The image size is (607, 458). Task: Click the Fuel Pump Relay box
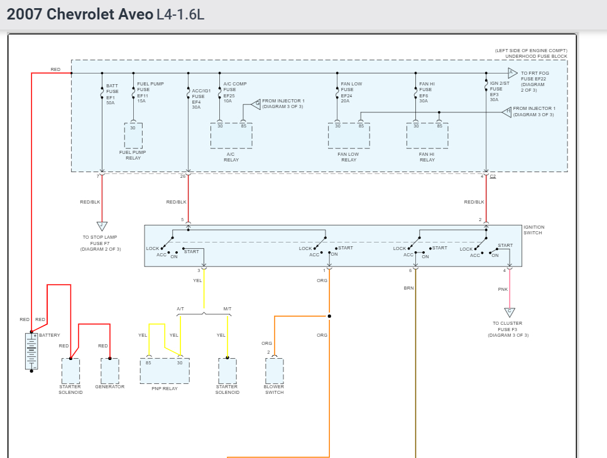tap(133, 135)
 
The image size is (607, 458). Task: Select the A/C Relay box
tap(231, 136)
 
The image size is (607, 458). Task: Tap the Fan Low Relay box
tap(349, 136)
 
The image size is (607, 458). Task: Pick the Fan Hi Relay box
tap(427, 136)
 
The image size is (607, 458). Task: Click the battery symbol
tap(31, 352)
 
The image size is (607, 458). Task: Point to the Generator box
tap(110, 371)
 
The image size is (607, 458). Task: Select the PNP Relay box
tap(165, 371)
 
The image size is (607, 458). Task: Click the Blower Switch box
tap(274, 371)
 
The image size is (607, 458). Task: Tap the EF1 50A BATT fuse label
tap(112, 94)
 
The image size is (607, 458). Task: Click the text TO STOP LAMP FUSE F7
tap(101, 243)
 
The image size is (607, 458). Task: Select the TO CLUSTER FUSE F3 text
tap(508, 329)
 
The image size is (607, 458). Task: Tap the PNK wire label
tap(503, 290)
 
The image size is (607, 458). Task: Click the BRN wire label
tap(408, 288)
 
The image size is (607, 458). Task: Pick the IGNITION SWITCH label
tap(533, 230)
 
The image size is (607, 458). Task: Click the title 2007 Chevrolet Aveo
tap(80, 14)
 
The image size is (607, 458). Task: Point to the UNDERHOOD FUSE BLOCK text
tap(536, 57)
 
